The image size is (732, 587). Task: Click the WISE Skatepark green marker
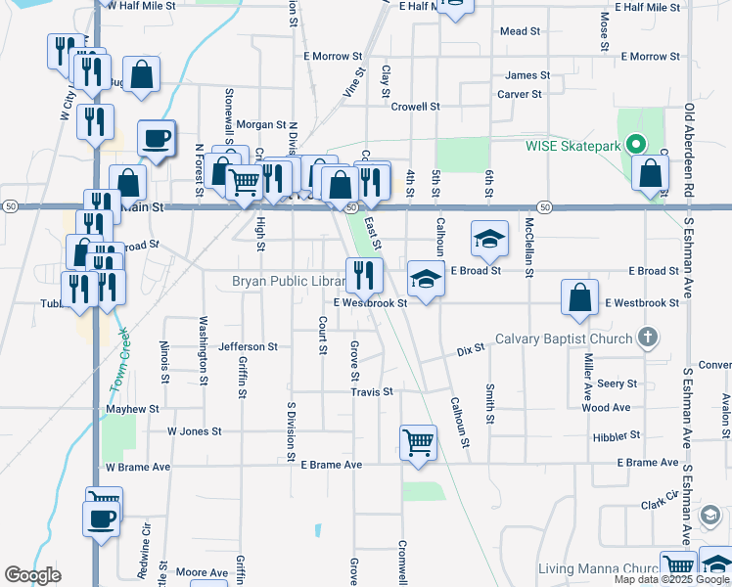(635, 145)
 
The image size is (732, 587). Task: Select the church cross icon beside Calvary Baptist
(646, 339)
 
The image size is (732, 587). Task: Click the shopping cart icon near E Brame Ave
(418, 441)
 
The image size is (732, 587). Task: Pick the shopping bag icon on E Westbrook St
(580, 298)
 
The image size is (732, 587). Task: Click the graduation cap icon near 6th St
(489, 238)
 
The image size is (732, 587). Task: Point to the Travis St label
(372, 391)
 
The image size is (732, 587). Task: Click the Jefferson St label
(249, 346)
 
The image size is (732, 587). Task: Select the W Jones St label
(195, 430)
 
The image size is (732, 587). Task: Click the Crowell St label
(415, 106)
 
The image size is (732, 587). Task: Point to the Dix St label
(471, 349)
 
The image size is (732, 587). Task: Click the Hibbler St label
(616, 434)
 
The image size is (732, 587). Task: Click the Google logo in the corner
(32, 575)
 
